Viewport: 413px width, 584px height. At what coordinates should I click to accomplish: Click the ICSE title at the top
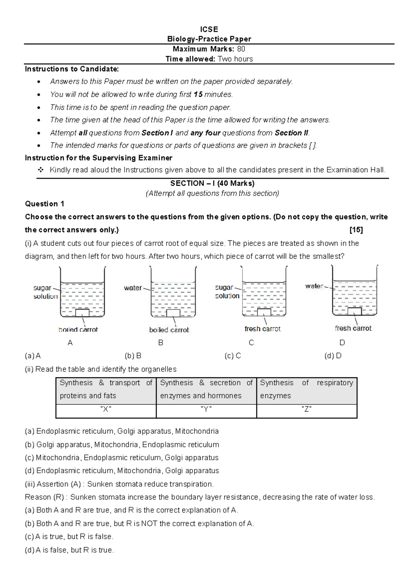(209, 29)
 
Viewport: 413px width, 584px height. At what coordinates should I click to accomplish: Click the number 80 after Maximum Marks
(241, 49)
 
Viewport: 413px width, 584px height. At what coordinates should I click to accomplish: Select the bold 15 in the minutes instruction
(198, 94)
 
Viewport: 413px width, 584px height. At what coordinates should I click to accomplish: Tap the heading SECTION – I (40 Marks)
(212, 183)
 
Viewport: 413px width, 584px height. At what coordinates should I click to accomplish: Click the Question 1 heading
(44, 204)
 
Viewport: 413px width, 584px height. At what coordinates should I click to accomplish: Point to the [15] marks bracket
(356, 230)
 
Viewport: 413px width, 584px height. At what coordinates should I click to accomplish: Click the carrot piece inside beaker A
(82, 313)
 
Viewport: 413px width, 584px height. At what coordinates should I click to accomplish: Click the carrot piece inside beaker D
(354, 311)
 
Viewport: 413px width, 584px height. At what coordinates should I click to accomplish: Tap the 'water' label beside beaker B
(133, 288)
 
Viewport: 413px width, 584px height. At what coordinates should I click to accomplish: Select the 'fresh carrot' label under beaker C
(262, 329)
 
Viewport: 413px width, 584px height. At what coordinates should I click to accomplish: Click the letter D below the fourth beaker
(342, 343)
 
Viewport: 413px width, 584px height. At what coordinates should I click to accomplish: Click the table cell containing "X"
(106, 409)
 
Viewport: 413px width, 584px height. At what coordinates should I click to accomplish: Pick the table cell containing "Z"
(306, 409)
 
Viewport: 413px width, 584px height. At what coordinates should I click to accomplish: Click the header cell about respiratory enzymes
(306, 389)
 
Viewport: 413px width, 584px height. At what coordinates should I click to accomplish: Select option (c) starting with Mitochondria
(121, 458)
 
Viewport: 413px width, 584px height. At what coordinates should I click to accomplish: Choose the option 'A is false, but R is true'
(69, 550)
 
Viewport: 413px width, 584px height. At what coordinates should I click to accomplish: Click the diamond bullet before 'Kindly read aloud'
(41, 170)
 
